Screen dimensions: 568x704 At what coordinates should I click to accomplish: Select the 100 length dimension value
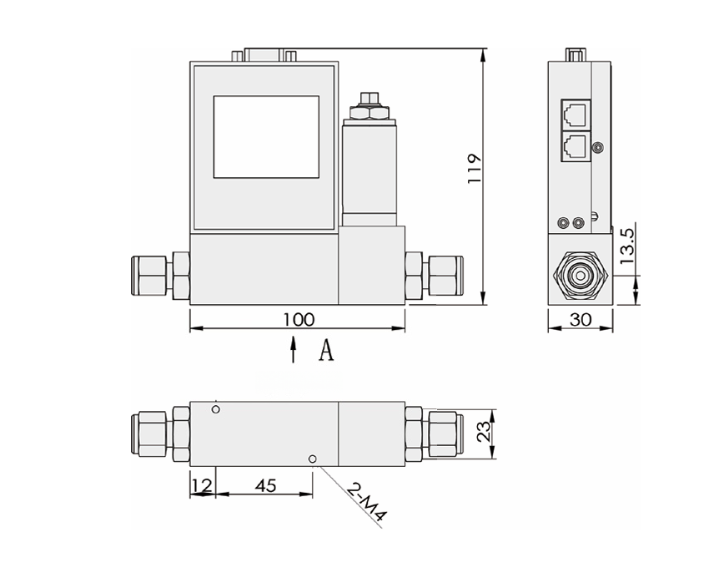point(298,319)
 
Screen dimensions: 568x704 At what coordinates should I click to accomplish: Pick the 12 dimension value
point(201,484)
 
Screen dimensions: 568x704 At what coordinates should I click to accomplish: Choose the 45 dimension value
point(264,484)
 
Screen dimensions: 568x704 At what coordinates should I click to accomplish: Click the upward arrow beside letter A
point(293,350)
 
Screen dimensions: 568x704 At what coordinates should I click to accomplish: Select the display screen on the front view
point(266,136)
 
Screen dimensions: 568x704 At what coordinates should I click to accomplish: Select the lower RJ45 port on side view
point(574,145)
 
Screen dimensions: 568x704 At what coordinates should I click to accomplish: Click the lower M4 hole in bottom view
point(312,459)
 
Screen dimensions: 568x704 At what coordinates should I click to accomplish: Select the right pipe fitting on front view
point(433,274)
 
